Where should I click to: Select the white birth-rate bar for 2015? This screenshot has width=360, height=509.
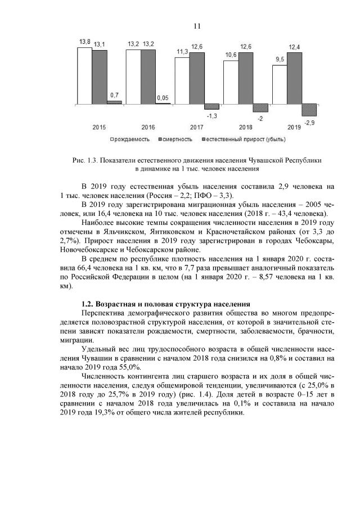click(x=84, y=77)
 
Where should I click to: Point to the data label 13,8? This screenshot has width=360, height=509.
click(x=84, y=42)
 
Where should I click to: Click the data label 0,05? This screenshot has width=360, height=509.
click(x=163, y=97)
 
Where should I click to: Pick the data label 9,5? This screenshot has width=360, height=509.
click(x=280, y=60)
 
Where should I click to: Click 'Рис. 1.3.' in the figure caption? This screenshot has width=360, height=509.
click(x=86, y=160)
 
